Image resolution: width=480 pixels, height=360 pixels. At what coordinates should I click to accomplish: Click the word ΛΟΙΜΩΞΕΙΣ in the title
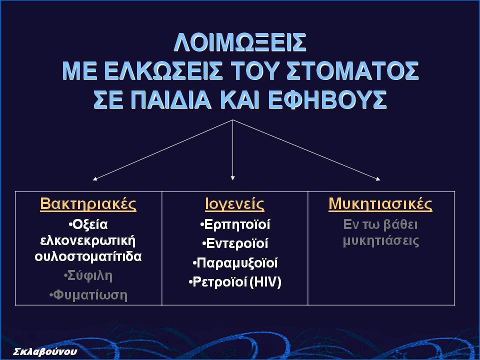pos(240,42)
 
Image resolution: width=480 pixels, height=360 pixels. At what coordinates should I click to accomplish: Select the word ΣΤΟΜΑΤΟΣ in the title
pos(352,70)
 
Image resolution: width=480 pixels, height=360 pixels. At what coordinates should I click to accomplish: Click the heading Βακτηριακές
pos(88,204)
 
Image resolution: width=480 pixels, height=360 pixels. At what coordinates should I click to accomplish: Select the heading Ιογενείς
pos(235,204)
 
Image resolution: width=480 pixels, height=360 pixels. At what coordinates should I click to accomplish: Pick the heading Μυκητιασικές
pos(380,204)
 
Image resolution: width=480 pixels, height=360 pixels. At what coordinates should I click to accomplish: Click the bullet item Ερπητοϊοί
pos(235,224)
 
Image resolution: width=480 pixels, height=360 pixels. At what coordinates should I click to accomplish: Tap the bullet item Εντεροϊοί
pos(235,243)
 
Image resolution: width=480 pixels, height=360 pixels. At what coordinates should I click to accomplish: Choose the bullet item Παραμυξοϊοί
pos(235,263)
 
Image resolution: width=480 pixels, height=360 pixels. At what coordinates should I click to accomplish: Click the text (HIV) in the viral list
pos(265,282)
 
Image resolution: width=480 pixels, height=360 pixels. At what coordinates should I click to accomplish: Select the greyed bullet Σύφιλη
pos(88,276)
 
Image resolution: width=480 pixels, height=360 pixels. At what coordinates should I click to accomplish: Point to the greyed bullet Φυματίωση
pos(88,295)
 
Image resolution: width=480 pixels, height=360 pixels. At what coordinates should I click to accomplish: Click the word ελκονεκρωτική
pos(88,241)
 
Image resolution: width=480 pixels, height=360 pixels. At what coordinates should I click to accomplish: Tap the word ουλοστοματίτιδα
pos(88,256)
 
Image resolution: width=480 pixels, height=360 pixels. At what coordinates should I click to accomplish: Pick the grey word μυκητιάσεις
pos(381,241)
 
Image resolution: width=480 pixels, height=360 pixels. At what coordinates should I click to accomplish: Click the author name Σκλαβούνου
pos(45,351)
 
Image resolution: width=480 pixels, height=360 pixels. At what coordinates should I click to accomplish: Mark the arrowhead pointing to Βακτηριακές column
pos(95,179)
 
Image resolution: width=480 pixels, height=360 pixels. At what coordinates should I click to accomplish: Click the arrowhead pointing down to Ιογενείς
pos(232,178)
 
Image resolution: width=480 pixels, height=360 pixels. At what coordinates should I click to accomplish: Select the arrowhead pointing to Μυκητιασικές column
pos(378,179)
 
